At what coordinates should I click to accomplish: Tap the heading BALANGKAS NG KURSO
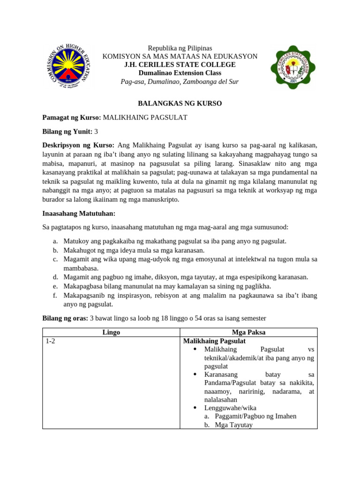tap(180, 103)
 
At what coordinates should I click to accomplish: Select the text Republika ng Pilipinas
tap(180, 48)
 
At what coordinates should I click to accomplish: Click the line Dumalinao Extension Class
tap(180, 73)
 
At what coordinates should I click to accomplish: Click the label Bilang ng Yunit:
tap(67, 131)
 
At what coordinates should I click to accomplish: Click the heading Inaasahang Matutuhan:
tap(79, 213)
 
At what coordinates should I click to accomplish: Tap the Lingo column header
tap(111, 332)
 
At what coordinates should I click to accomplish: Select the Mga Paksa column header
tap(248, 332)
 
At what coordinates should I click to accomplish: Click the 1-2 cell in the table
tap(51, 341)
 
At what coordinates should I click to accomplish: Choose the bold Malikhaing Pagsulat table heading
tap(214, 341)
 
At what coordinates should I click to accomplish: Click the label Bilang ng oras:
tap(65, 318)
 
